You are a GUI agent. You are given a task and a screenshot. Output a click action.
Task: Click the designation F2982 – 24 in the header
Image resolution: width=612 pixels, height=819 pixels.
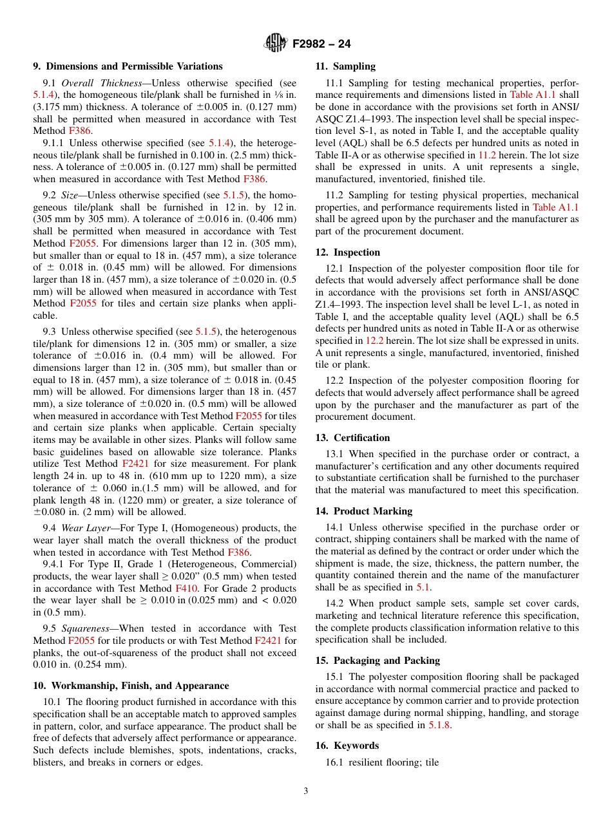pyautogui.click(x=321, y=44)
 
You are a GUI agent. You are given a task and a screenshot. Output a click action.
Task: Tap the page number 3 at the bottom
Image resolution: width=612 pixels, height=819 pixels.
pyautogui.click(x=306, y=791)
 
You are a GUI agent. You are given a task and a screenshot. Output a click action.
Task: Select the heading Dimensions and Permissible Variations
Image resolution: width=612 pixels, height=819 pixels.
pyautogui.click(x=134, y=66)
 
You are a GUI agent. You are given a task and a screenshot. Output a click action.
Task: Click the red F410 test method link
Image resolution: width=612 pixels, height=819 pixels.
pyautogui.click(x=182, y=588)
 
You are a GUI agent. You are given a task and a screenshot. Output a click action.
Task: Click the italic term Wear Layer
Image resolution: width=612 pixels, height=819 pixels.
pyautogui.click(x=86, y=528)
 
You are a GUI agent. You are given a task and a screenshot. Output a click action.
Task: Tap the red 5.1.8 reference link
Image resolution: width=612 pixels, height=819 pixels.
pyautogui.click(x=440, y=725)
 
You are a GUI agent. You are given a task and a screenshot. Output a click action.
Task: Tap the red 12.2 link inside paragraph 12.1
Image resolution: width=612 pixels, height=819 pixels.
pyautogui.click(x=375, y=340)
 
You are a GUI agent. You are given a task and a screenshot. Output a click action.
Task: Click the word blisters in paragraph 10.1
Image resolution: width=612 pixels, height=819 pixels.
pyautogui.click(x=48, y=762)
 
